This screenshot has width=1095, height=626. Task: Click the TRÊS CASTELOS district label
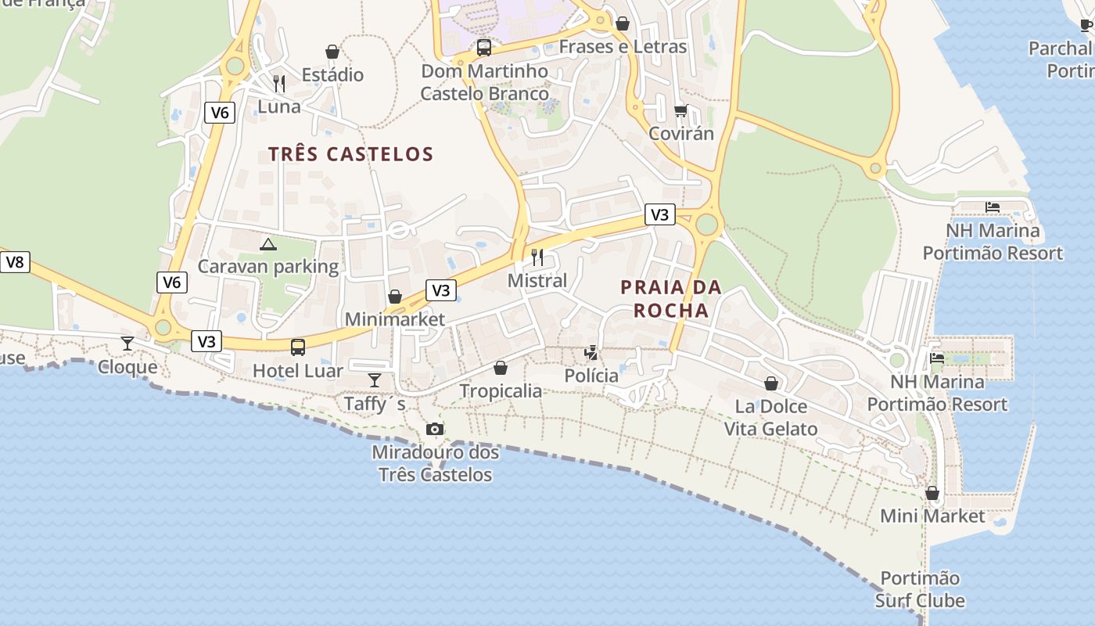(x=350, y=153)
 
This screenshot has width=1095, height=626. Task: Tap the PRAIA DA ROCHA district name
(x=671, y=299)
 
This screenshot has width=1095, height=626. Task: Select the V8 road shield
(x=15, y=262)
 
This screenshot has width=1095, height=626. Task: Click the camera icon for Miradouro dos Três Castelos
(x=434, y=429)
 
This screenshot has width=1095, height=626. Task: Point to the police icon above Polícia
(x=591, y=353)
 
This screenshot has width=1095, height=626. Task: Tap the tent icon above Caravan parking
(x=268, y=244)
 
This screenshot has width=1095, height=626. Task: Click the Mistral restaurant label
(x=537, y=280)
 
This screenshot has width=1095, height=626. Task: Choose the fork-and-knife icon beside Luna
(x=279, y=84)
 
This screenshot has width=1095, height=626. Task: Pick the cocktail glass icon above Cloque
(x=127, y=344)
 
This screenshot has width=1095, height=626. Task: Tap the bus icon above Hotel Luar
(x=298, y=347)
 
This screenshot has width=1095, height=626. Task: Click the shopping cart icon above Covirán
(x=681, y=111)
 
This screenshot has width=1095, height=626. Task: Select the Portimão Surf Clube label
(x=920, y=590)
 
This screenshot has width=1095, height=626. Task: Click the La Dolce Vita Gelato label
(x=770, y=418)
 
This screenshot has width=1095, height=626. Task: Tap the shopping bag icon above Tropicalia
(x=501, y=368)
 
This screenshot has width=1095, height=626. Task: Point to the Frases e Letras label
(x=623, y=47)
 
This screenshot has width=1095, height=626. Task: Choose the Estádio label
(x=332, y=75)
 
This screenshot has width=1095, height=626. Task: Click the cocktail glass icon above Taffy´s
(x=375, y=380)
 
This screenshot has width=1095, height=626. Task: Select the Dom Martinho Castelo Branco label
(x=485, y=82)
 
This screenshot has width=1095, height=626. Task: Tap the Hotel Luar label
(x=298, y=371)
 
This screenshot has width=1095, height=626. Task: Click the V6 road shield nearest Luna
(x=220, y=113)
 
